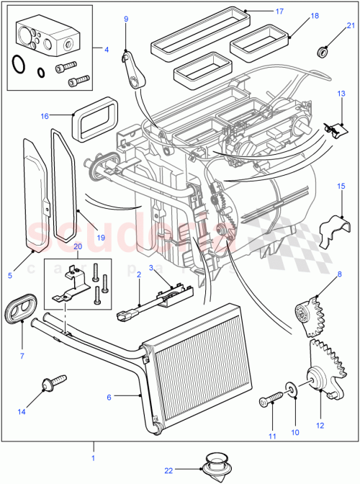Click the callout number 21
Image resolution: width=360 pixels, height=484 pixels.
351,27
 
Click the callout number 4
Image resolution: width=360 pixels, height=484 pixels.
106,50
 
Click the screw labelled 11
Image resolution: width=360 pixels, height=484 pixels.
276,398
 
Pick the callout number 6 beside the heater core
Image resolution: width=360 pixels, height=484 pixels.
109,396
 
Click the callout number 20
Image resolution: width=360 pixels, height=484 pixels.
78,246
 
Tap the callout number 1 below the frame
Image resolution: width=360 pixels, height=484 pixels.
91,457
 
